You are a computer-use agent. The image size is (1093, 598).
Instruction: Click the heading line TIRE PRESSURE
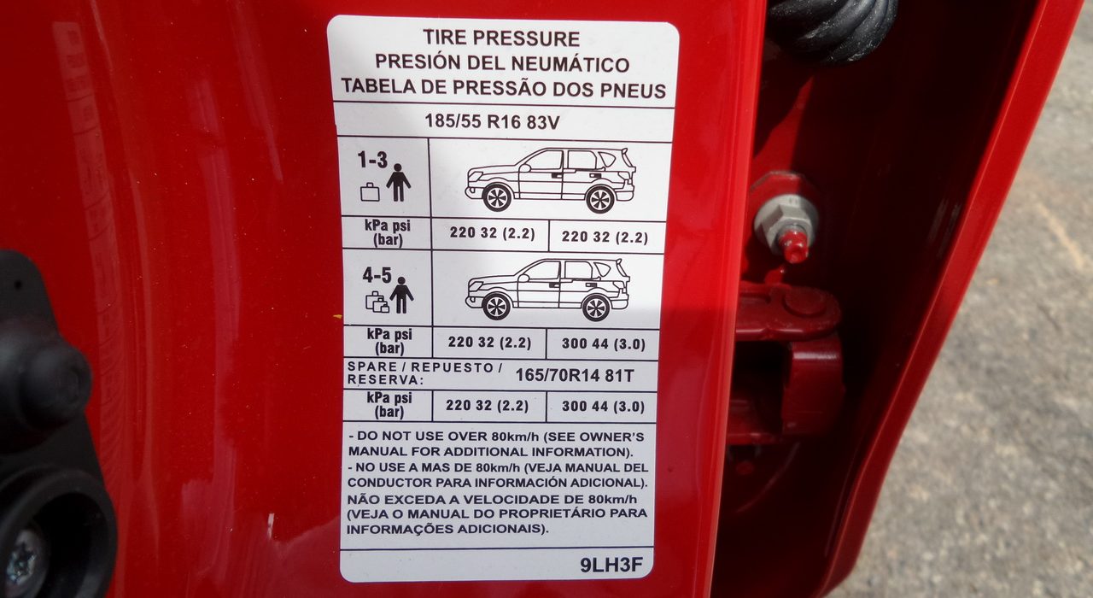click(x=500, y=38)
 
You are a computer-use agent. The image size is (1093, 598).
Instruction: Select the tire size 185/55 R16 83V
click(x=493, y=121)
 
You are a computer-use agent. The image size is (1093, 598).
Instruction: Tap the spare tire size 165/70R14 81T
click(x=575, y=375)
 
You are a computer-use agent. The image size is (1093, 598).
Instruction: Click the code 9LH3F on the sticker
click(x=611, y=566)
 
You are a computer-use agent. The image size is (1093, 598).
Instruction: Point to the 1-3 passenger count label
click(x=372, y=160)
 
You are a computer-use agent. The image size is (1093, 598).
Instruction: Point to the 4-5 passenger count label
click(x=377, y=275)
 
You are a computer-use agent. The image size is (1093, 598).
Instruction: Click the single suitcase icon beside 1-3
click(x=370, y=192)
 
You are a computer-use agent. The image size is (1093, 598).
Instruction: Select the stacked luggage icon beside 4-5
click(x=377, y=302)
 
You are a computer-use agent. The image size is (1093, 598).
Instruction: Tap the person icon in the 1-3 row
click(x=399, y=183)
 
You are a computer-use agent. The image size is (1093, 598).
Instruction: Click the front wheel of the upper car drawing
click(x=497, y=197)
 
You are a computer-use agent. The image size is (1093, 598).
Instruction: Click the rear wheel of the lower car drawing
click(x=596, y=308)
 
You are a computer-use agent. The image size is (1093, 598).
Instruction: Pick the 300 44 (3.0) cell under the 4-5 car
click(x=603, y=344)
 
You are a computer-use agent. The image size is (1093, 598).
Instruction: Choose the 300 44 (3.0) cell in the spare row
click(x=603, y=406)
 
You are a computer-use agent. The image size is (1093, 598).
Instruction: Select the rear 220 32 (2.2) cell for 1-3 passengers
click(x=605, y=237)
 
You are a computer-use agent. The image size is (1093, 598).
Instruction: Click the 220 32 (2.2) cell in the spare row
click(x=487, y=405)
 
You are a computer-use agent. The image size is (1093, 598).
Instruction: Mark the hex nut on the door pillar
click(x=786, y=222)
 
